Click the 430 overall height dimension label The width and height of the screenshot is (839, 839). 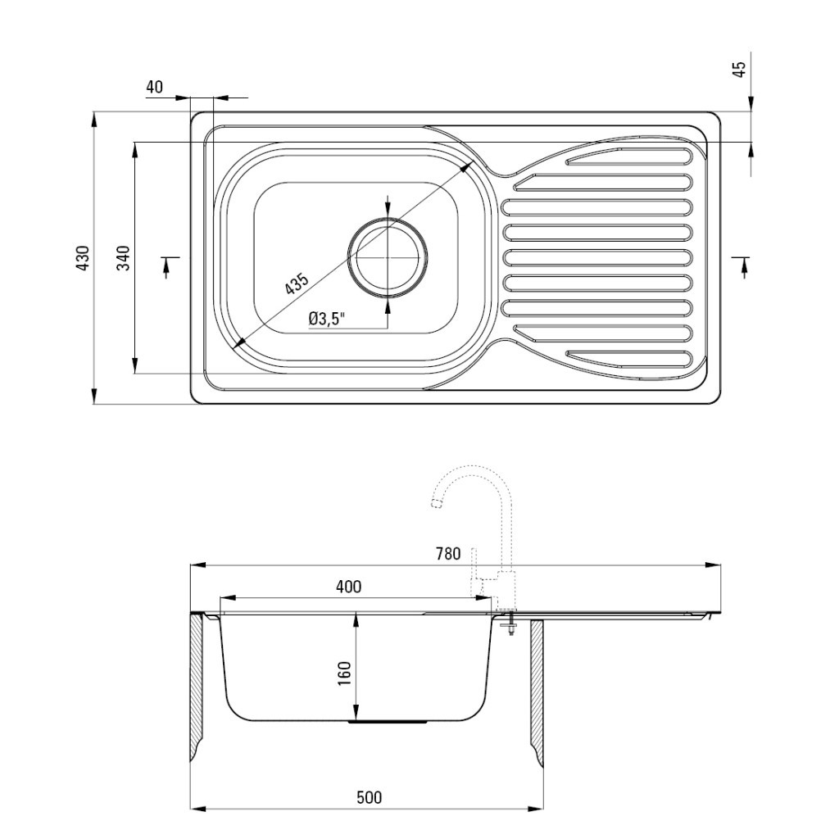pyautogui.click(x=84, y=257)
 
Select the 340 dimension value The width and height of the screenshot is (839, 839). pyautogui.click(x=124, y=257)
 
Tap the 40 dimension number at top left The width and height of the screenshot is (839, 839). pyautogui.click(x=154, y=87)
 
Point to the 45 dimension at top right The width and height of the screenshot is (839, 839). pyautogui.click(x=740, y=69)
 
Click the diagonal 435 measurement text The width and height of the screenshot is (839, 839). pyautogui.click(x=297, y=283)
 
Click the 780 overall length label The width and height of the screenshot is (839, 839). pyautogui.click(x=448, y=553)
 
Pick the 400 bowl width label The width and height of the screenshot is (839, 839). pyautogui.click(x=348, y=587)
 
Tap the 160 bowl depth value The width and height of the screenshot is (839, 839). pyautogui.click(x=344, y=673)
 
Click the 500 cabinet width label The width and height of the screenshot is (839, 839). pyautogui.click(x=370, y=798)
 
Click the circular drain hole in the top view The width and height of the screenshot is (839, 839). pyautogui.click(x=388, y=256)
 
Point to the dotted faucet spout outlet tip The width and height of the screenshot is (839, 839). pyautogui.click(x=436, y=503)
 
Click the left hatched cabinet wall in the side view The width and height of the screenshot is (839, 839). pyautogui.click(x=197, y=687)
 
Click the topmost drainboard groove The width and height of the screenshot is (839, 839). pyautogui.click(x=630, y=155)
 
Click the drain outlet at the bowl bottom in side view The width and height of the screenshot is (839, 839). pyautogui.click(x=388, y=722)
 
